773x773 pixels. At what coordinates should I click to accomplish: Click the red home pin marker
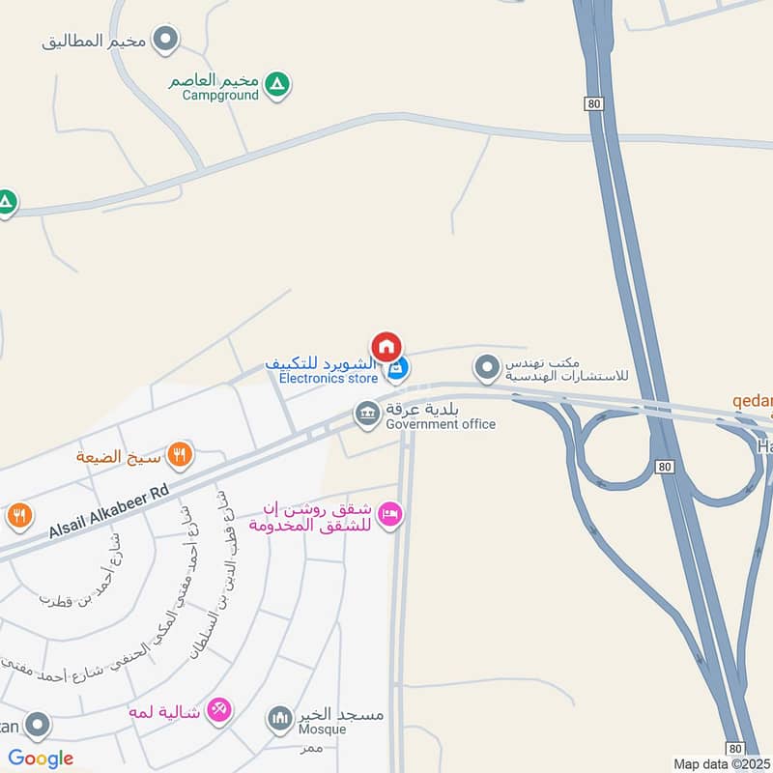[x=386, y=345]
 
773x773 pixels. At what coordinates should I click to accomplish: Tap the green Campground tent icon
[x=277, y=86]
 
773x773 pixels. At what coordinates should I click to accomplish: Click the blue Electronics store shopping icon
[x=396, y=368]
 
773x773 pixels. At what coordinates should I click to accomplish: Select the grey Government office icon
[x=366, y=415]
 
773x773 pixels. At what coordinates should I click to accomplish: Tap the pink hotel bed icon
[x=389, y=513]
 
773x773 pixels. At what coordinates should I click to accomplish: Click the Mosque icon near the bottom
[x=279, y=718]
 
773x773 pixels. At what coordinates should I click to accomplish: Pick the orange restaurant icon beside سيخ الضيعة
[x=179, y=453]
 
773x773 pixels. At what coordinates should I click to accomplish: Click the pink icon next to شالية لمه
[x=219, y=710]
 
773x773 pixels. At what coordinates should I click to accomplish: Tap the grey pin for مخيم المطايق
[x=167, y=40]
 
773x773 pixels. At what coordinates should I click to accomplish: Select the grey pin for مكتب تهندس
[x=486, y=367]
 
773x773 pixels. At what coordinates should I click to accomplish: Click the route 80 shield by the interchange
[x=663, y=467]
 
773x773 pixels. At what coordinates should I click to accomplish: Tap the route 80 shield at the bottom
[x=735, y=748]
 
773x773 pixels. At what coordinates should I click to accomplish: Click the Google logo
[x=41, y=759]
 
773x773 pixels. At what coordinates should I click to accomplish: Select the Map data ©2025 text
[x=722, y=764]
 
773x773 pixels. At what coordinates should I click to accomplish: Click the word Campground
[x=220, y=96]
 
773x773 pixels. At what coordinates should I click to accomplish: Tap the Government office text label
[x=441, y=424]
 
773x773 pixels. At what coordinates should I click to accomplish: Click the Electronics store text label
[x=329, y=378]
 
